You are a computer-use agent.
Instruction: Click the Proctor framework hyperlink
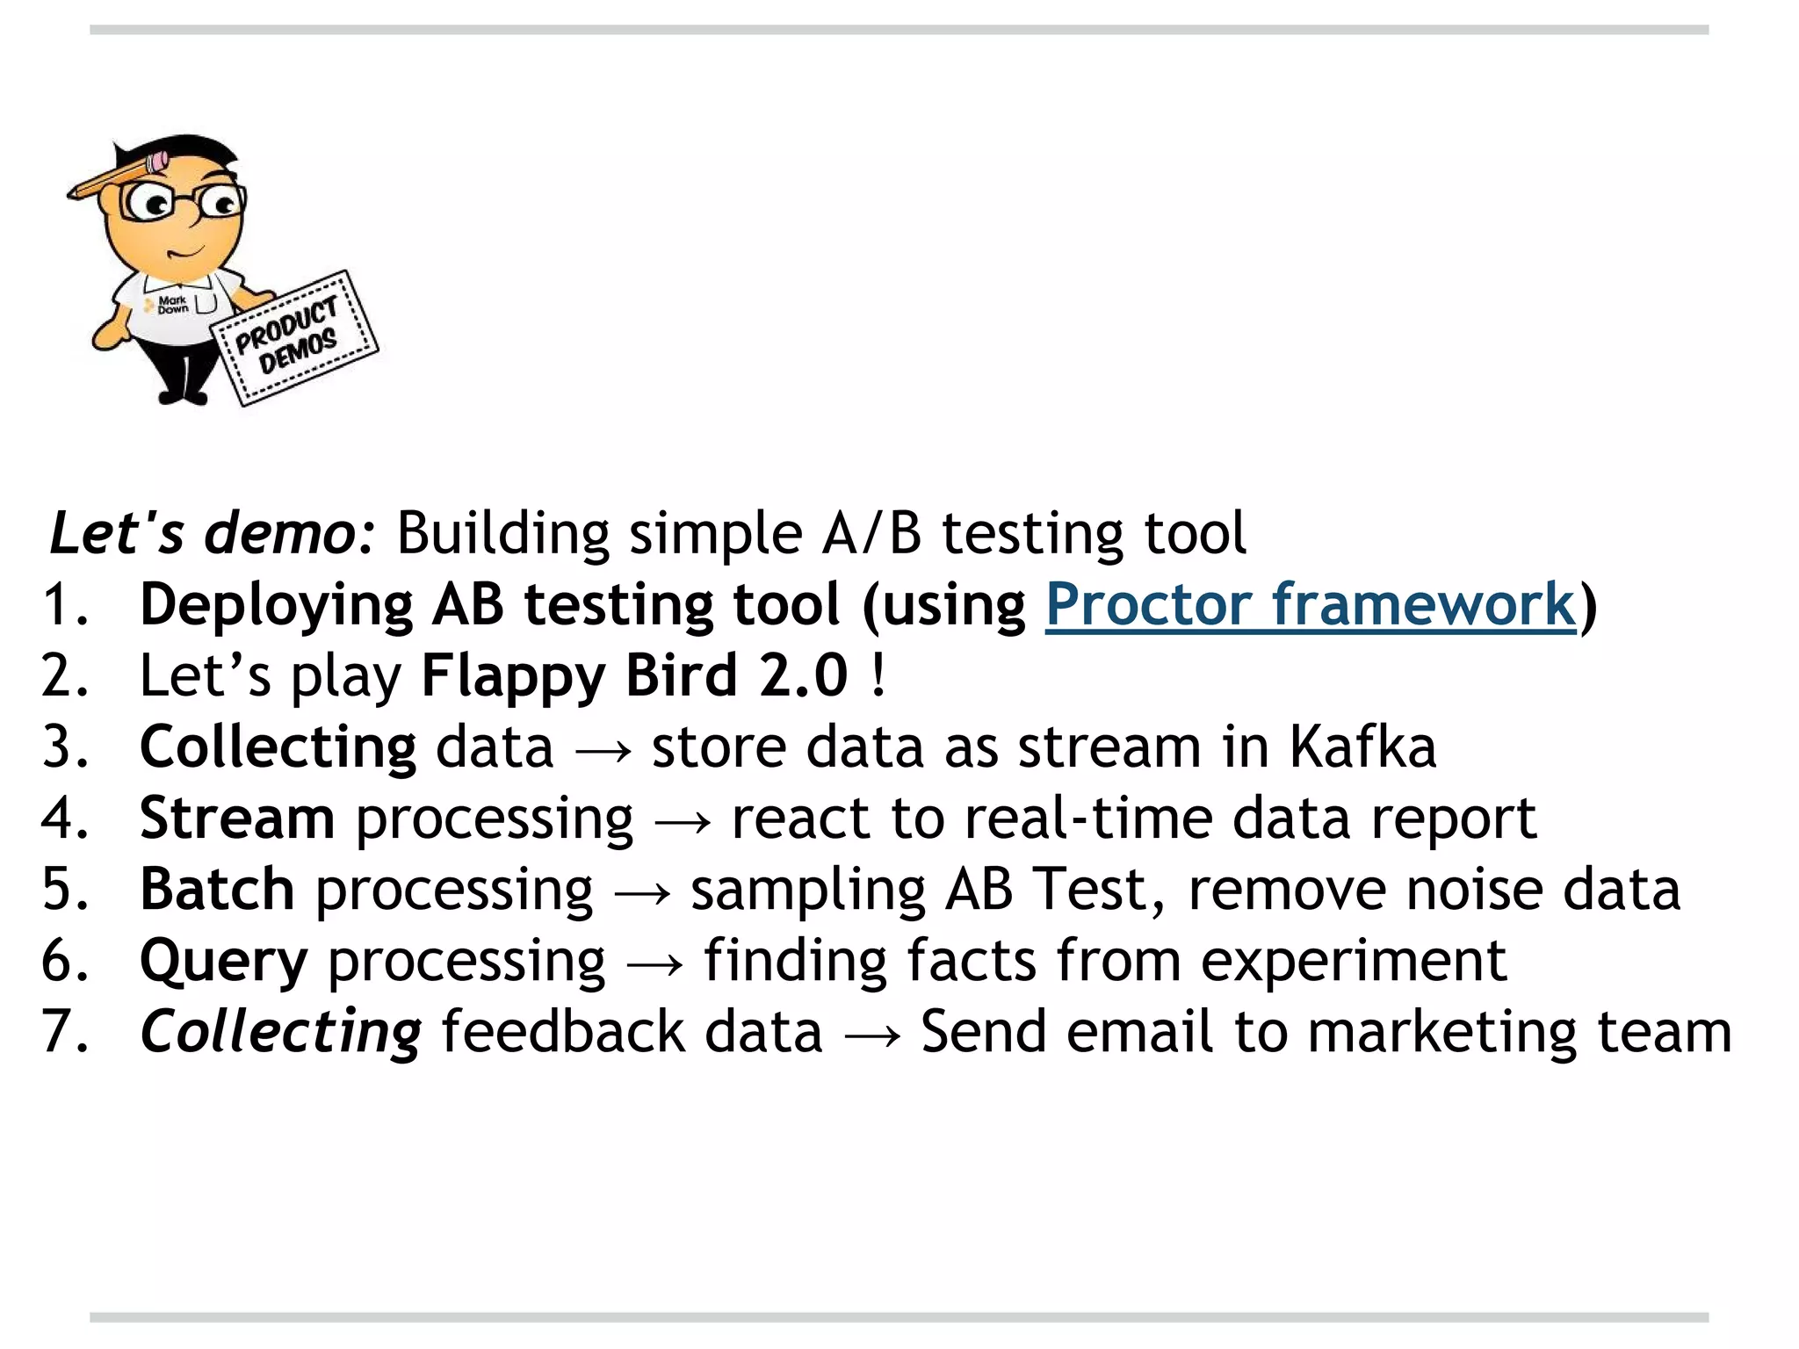(1310, 605)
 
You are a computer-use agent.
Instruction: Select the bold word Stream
(237, 819)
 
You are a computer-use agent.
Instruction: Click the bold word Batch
(217, 890)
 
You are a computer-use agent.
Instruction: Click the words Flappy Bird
(579, 676)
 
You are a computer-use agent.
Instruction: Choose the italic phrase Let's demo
(212, 533)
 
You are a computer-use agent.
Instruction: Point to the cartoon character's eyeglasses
(184, 203)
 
